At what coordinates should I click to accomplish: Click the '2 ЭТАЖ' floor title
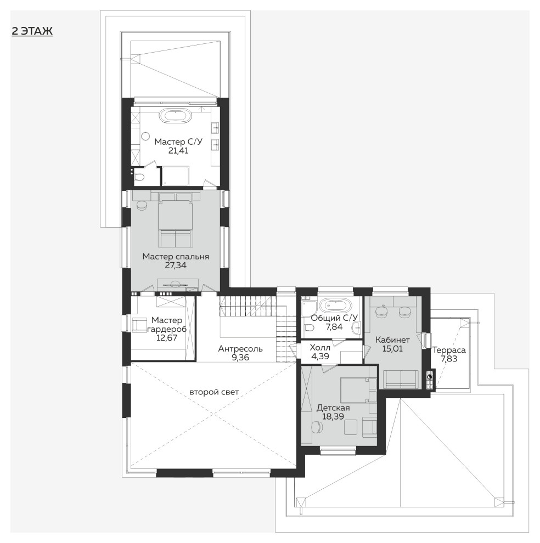(x=32, y=31)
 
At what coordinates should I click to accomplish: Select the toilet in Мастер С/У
(x=139, y=177)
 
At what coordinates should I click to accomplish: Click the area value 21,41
(x=178, y=151)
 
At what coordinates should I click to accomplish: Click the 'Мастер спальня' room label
(x=176, y=257)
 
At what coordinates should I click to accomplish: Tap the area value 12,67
(x=167, y=338)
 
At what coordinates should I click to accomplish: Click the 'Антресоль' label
(x=240, y=349)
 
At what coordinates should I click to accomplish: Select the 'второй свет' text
(x=214, y=392)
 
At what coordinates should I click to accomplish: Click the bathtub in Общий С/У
(x=335, y=306)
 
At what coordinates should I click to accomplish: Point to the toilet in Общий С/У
(x=308, y=327)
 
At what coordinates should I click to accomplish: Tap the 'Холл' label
(x=319, y=347)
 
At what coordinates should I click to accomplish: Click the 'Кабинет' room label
(x=392, y=340)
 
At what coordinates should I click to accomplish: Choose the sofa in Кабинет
(x=401, y=379)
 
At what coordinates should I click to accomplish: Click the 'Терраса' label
(x=449, y=350)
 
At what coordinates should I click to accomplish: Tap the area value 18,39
(x=333, y=416)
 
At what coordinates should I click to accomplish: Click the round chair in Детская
(x=317, y=426)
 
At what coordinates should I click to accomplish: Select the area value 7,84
(x=334, y=326)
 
